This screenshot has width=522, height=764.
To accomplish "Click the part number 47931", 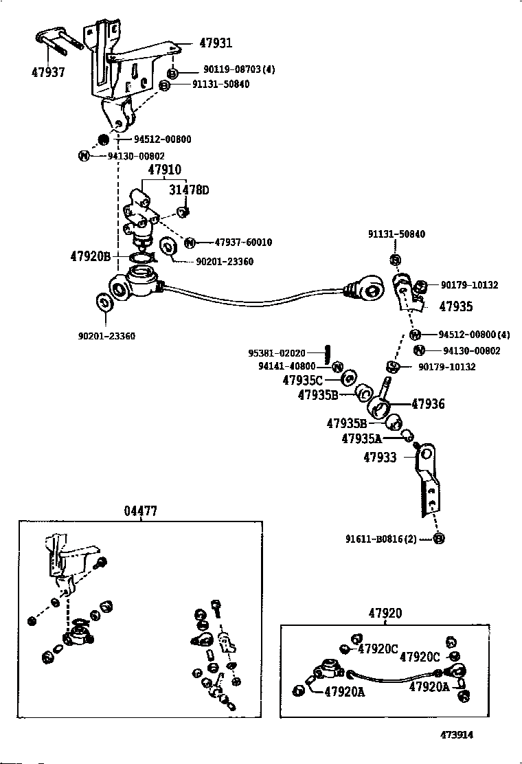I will tap(216, 43).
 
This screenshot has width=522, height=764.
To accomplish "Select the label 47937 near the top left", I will tap(48, 72).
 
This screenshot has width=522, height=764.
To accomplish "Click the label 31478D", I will tap(189, 190).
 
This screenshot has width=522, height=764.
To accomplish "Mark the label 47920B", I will tap(90, 256).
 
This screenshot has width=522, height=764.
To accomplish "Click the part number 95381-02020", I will tap(276, 353).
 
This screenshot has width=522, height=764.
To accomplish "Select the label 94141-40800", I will tap(286, 367).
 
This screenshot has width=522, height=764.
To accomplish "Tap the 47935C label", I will tap(303, 380).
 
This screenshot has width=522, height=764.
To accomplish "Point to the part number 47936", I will tap(428, 404).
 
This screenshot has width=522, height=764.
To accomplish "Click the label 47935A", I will tap(362, 438).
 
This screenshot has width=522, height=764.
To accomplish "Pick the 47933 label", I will tap(381, 456).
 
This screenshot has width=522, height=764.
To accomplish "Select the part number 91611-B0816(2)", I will tap(379, 539).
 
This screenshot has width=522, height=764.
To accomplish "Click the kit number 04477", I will tap(141, 511).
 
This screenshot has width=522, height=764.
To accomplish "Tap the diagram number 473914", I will tap(457, 734).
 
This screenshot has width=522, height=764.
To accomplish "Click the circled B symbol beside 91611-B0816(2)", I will tap(440, 539).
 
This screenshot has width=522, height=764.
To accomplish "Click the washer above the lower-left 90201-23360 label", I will tap(105, 302).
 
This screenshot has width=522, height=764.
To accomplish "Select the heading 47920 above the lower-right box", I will tap(385, 614).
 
